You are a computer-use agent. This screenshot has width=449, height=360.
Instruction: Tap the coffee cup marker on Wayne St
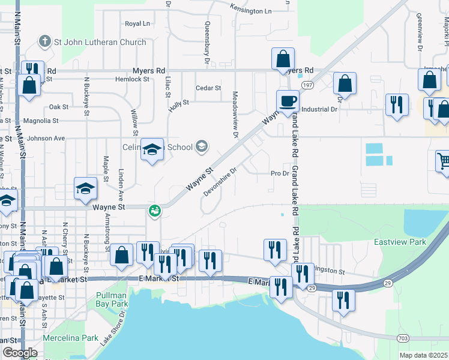287,101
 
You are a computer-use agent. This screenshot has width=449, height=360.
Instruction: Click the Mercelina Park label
74,338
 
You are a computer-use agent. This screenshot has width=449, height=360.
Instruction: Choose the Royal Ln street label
137,23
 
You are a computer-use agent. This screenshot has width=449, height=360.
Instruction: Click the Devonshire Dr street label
220,179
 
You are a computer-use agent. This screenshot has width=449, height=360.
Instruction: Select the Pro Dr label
280,173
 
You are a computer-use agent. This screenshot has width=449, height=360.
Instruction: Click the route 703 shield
402,338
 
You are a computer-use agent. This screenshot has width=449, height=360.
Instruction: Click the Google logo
20,353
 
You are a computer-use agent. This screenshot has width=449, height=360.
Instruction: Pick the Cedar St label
208,88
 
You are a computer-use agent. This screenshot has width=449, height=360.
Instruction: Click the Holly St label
179,103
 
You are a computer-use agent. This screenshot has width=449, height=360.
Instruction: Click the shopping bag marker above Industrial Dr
345,84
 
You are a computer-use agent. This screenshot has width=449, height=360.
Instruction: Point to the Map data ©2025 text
424,355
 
